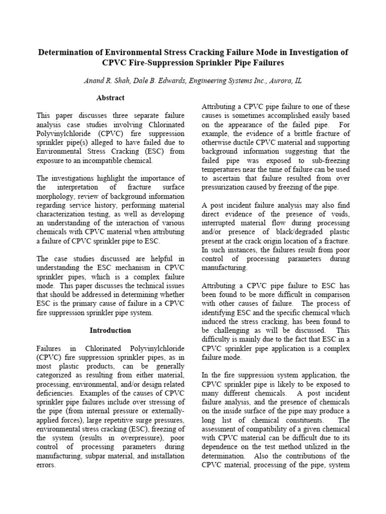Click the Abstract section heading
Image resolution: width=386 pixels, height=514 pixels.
pyautogui.click(x=110, y=98)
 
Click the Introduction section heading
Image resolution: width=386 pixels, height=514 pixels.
pyautogui.click(x=110, y=330)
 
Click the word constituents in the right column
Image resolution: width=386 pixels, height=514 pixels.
pyautogui.click(x=300, y=420)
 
